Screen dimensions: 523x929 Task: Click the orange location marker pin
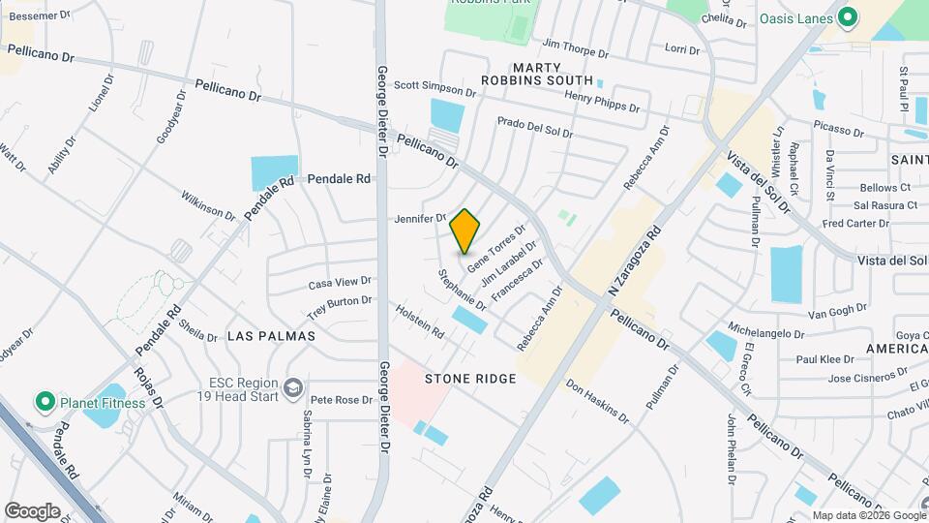465,231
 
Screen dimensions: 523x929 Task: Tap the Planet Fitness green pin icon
44,401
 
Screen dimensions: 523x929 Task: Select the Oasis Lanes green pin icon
849,16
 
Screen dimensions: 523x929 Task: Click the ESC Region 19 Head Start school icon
291,388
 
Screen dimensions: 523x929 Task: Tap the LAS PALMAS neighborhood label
271,335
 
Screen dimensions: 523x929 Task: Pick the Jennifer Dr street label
420,219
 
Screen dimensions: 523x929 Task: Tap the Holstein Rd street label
420,322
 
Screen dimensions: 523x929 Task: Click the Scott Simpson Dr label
435,88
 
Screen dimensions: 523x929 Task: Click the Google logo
32,510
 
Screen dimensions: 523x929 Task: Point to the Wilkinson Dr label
208,204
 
